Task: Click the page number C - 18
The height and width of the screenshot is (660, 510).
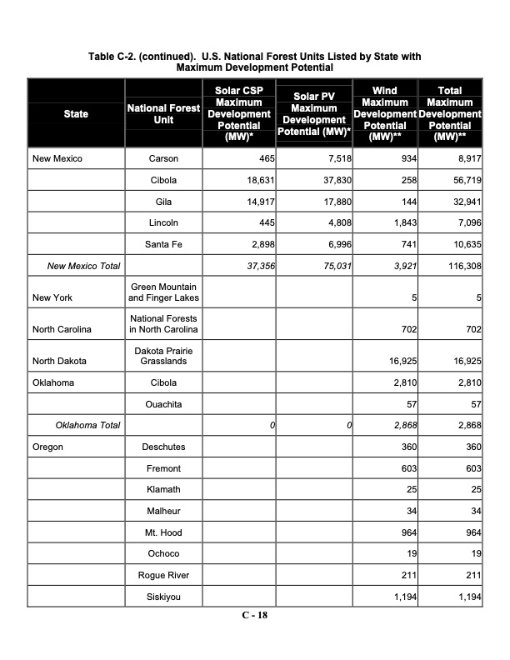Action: click(x=254, y=616)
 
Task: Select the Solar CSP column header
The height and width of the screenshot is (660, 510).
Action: click(x=239, y=113)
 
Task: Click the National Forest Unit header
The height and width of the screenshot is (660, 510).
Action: click(x=162, y=113)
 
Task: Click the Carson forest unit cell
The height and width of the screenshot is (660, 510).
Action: click(x=162, y=158)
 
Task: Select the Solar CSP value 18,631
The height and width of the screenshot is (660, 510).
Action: click(x=257, y=180)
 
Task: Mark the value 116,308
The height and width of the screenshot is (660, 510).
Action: click(x=462, y=267)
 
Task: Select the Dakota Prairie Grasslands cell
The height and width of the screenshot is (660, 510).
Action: click(x=162, y=357)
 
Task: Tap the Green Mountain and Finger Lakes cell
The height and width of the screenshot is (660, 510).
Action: click(x=162, y=292)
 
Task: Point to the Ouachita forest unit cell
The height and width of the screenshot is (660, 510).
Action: click(x=162, y=405)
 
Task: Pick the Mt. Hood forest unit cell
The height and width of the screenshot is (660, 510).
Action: click(x=162, y=532)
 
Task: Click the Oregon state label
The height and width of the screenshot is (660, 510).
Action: click(x=47, y=447)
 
